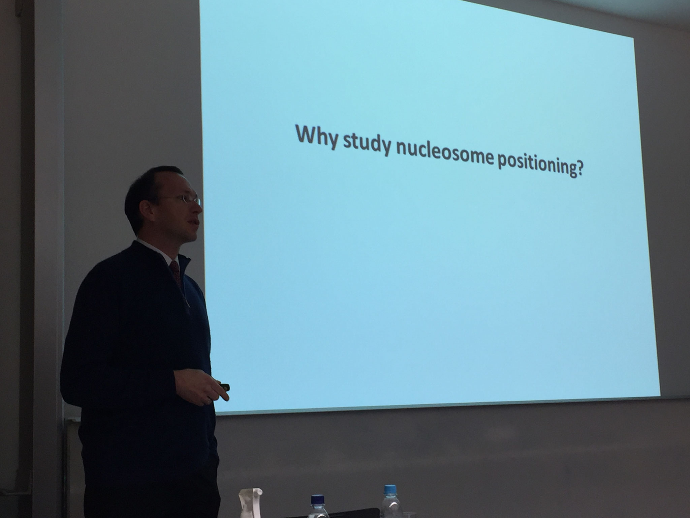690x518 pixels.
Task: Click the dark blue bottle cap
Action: [x=317, y=499]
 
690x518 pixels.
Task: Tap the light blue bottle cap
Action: [x=390, y=489]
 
